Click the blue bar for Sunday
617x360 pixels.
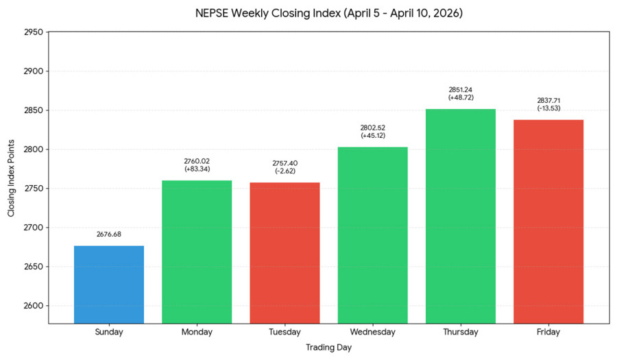click(109, 285)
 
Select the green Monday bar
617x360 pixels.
click(197, 252)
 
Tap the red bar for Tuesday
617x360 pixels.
click(285, 253)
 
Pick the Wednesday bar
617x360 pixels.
click(373, 235)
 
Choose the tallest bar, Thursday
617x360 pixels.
click(461, 216)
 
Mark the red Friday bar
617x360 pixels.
click(548, 221)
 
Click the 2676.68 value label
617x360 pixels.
click(109, 235)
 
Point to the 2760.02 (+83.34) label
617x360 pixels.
click(197, 165)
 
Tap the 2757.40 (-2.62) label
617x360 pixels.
click(285, 167)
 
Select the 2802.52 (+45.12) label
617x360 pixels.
click(373, 132)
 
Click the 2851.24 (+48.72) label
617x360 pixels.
click(461, 93)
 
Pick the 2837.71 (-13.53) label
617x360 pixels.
click(548, 104)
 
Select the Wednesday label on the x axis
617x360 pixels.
click(373, 333)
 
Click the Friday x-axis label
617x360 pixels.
click(548, 333)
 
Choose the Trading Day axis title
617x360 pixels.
click(328, 348)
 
